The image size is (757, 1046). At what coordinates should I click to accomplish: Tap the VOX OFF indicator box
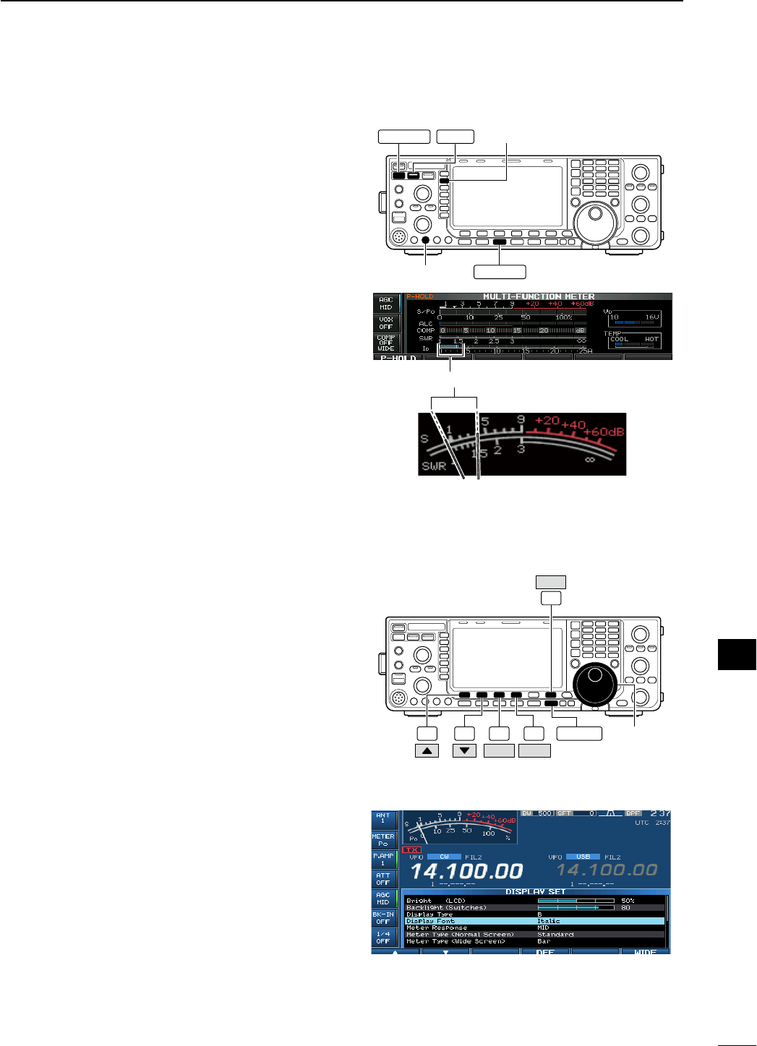385,322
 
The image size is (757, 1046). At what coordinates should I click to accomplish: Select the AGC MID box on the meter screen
385,303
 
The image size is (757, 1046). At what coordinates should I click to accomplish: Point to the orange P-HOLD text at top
419,296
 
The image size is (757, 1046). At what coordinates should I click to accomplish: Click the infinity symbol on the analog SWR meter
590,459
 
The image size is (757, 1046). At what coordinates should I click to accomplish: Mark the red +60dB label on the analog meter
604,432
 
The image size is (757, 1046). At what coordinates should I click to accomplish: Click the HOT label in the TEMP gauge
651,339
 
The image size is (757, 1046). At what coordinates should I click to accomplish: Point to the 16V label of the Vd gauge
651,317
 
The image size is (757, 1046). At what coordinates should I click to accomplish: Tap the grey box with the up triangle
427,750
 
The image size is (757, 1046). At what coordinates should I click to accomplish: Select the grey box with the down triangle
464,750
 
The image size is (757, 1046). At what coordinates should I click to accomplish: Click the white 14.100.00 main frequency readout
466,871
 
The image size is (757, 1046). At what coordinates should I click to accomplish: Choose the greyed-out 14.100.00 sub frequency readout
607,870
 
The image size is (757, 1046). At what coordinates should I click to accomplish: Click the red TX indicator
412,849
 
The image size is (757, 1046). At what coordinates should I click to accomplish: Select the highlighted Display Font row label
431,921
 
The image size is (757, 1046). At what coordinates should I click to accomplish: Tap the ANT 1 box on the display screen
382,818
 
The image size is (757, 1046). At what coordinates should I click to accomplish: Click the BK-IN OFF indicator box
382,918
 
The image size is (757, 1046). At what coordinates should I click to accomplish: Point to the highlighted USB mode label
583,857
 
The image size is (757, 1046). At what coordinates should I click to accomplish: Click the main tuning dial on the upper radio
595,215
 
